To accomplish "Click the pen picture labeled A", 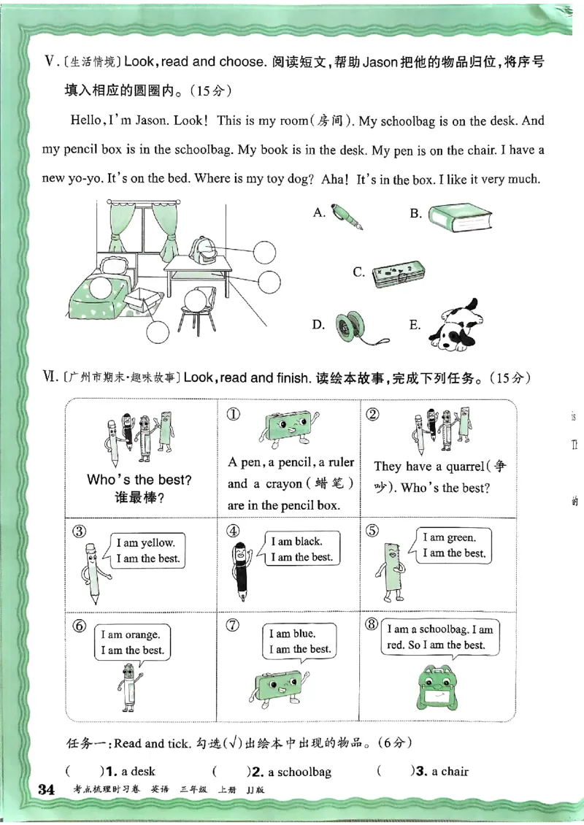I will coord(347,217).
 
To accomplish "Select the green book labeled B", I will coord(459,218).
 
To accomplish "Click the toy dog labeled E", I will coord(453,324).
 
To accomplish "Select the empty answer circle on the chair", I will coord(195,299).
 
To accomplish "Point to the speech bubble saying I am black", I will coord(301,549).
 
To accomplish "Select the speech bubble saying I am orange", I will coord(132,642).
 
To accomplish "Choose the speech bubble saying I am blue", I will coord(299,641).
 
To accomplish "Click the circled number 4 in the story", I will coord(233,531).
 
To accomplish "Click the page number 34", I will coord(46,790).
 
